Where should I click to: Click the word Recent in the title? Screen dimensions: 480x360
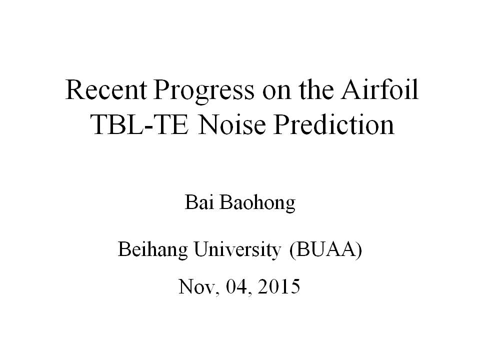pos(106,89)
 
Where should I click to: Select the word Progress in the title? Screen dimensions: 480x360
pos(204,92)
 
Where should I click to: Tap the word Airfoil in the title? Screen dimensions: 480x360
pos(380,89)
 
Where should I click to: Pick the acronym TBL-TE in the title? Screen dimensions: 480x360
pos(140,124)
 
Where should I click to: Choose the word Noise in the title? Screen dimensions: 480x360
pos(231,124)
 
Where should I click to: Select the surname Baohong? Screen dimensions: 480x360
pos(257,204)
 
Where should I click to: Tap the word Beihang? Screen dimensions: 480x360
pos(153,250)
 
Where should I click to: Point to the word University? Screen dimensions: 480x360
pos(237,250)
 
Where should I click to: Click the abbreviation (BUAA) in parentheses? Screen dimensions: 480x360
pos(325,250)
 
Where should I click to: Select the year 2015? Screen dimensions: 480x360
pos(279,287)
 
